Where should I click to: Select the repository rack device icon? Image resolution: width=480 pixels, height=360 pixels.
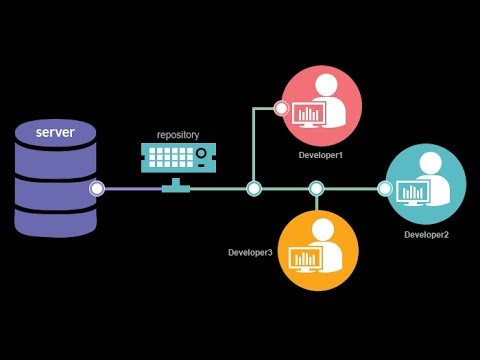(177, 157)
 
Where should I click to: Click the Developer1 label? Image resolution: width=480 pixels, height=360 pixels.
(320, 156)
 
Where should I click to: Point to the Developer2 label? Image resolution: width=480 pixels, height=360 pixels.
(426, 234)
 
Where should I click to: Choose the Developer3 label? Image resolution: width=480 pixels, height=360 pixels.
(250, 252)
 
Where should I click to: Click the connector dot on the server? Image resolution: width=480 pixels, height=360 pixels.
(97, 188)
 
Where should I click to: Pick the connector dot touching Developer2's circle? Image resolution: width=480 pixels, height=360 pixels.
(385, 187)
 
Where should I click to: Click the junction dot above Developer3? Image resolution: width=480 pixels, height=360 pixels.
(316, 187)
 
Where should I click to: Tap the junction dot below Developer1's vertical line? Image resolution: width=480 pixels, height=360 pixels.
(254, 187)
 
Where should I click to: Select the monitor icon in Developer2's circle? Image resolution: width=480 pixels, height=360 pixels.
(413, 191)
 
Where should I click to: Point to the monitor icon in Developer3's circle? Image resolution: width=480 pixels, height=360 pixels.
(306, 259)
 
